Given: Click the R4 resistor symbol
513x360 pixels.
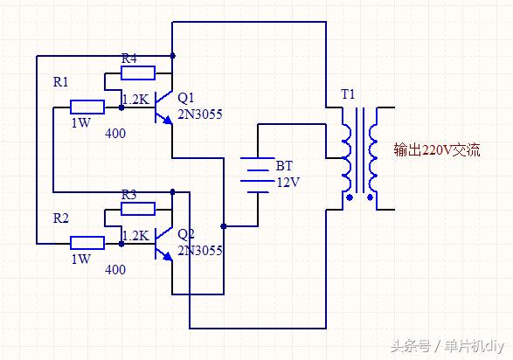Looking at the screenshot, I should point(138,73).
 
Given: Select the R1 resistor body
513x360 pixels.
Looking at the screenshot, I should point(87,107).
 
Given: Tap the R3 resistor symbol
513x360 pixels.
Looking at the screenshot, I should point(138,208).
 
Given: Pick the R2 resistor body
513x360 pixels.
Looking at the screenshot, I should point(87,242).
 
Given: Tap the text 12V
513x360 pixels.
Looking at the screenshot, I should point(288,182).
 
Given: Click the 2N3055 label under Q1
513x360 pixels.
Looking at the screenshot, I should point(199,114).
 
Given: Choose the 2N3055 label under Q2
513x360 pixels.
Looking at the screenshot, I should point(199,250).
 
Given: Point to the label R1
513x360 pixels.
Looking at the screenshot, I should point(61,81).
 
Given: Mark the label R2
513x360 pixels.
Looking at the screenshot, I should point(61,217).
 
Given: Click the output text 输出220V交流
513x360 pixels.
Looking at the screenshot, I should point(436,149).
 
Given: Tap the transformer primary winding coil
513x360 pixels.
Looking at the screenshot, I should point(346,158).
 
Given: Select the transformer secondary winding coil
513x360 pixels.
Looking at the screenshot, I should point(373,158).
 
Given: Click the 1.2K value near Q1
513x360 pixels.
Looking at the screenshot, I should point(135,99).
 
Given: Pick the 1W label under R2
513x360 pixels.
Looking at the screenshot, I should point(80,260).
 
